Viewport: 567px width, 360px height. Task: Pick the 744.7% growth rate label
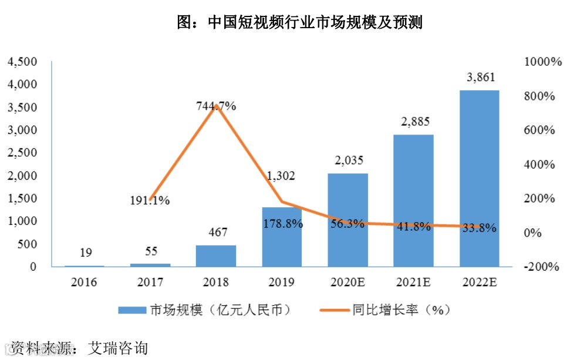point(216,106)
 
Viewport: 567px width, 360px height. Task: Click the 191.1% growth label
point(150,201)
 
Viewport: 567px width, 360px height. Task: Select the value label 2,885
point(414,122)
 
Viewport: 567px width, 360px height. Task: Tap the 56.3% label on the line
point(347,224)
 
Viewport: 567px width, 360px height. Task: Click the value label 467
point(216,232)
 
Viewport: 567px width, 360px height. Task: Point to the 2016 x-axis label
point(84,282)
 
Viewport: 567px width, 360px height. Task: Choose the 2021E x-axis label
point(414,282)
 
